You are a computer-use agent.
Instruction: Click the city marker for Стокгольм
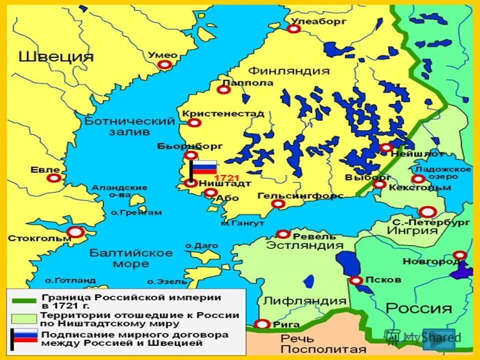76,232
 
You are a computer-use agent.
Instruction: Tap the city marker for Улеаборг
294,29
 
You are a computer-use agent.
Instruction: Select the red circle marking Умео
164,65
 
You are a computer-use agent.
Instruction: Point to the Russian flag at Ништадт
204,167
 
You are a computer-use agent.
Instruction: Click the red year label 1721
226,178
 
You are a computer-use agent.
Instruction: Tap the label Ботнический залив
129,126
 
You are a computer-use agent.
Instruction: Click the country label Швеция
56,56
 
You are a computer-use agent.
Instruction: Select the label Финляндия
289,70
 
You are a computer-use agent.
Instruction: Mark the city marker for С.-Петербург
427,212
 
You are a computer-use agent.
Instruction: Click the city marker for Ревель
283,234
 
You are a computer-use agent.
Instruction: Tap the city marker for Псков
356,280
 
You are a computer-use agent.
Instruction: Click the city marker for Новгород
459,255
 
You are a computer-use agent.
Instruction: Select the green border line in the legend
22,301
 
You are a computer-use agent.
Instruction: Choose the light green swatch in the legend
22,318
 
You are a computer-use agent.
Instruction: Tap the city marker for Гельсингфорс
279,204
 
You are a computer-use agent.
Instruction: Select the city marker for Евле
54,178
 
